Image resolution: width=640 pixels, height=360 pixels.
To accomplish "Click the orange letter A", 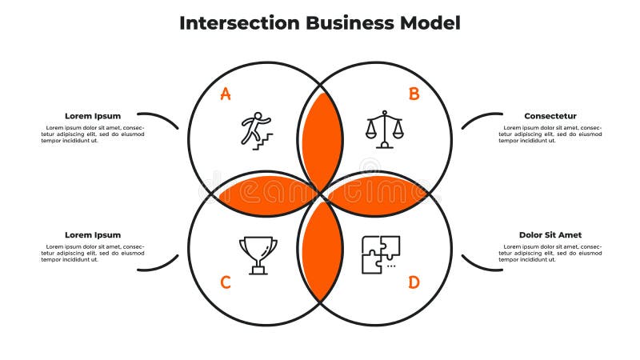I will (x=226, y=94).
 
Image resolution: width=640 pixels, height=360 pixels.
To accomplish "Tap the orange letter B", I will (x=414, y=94).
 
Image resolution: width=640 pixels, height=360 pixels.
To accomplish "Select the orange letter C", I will (x=226, y=282).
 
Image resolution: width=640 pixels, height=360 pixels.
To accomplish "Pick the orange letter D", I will (x=414, y=282).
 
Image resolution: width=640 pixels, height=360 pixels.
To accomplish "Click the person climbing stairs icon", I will (x=256, y=130).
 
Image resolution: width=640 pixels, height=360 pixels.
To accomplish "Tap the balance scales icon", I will (x=385, y=130).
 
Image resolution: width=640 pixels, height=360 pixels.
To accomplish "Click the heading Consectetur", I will (x=550, y=116).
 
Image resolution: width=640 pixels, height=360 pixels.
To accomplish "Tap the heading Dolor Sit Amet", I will (x=550, y=235).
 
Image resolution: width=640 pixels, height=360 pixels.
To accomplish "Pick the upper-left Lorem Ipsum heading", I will (x=93, y=116).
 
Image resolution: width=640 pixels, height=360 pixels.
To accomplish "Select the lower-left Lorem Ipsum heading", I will (x=93, y=235).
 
